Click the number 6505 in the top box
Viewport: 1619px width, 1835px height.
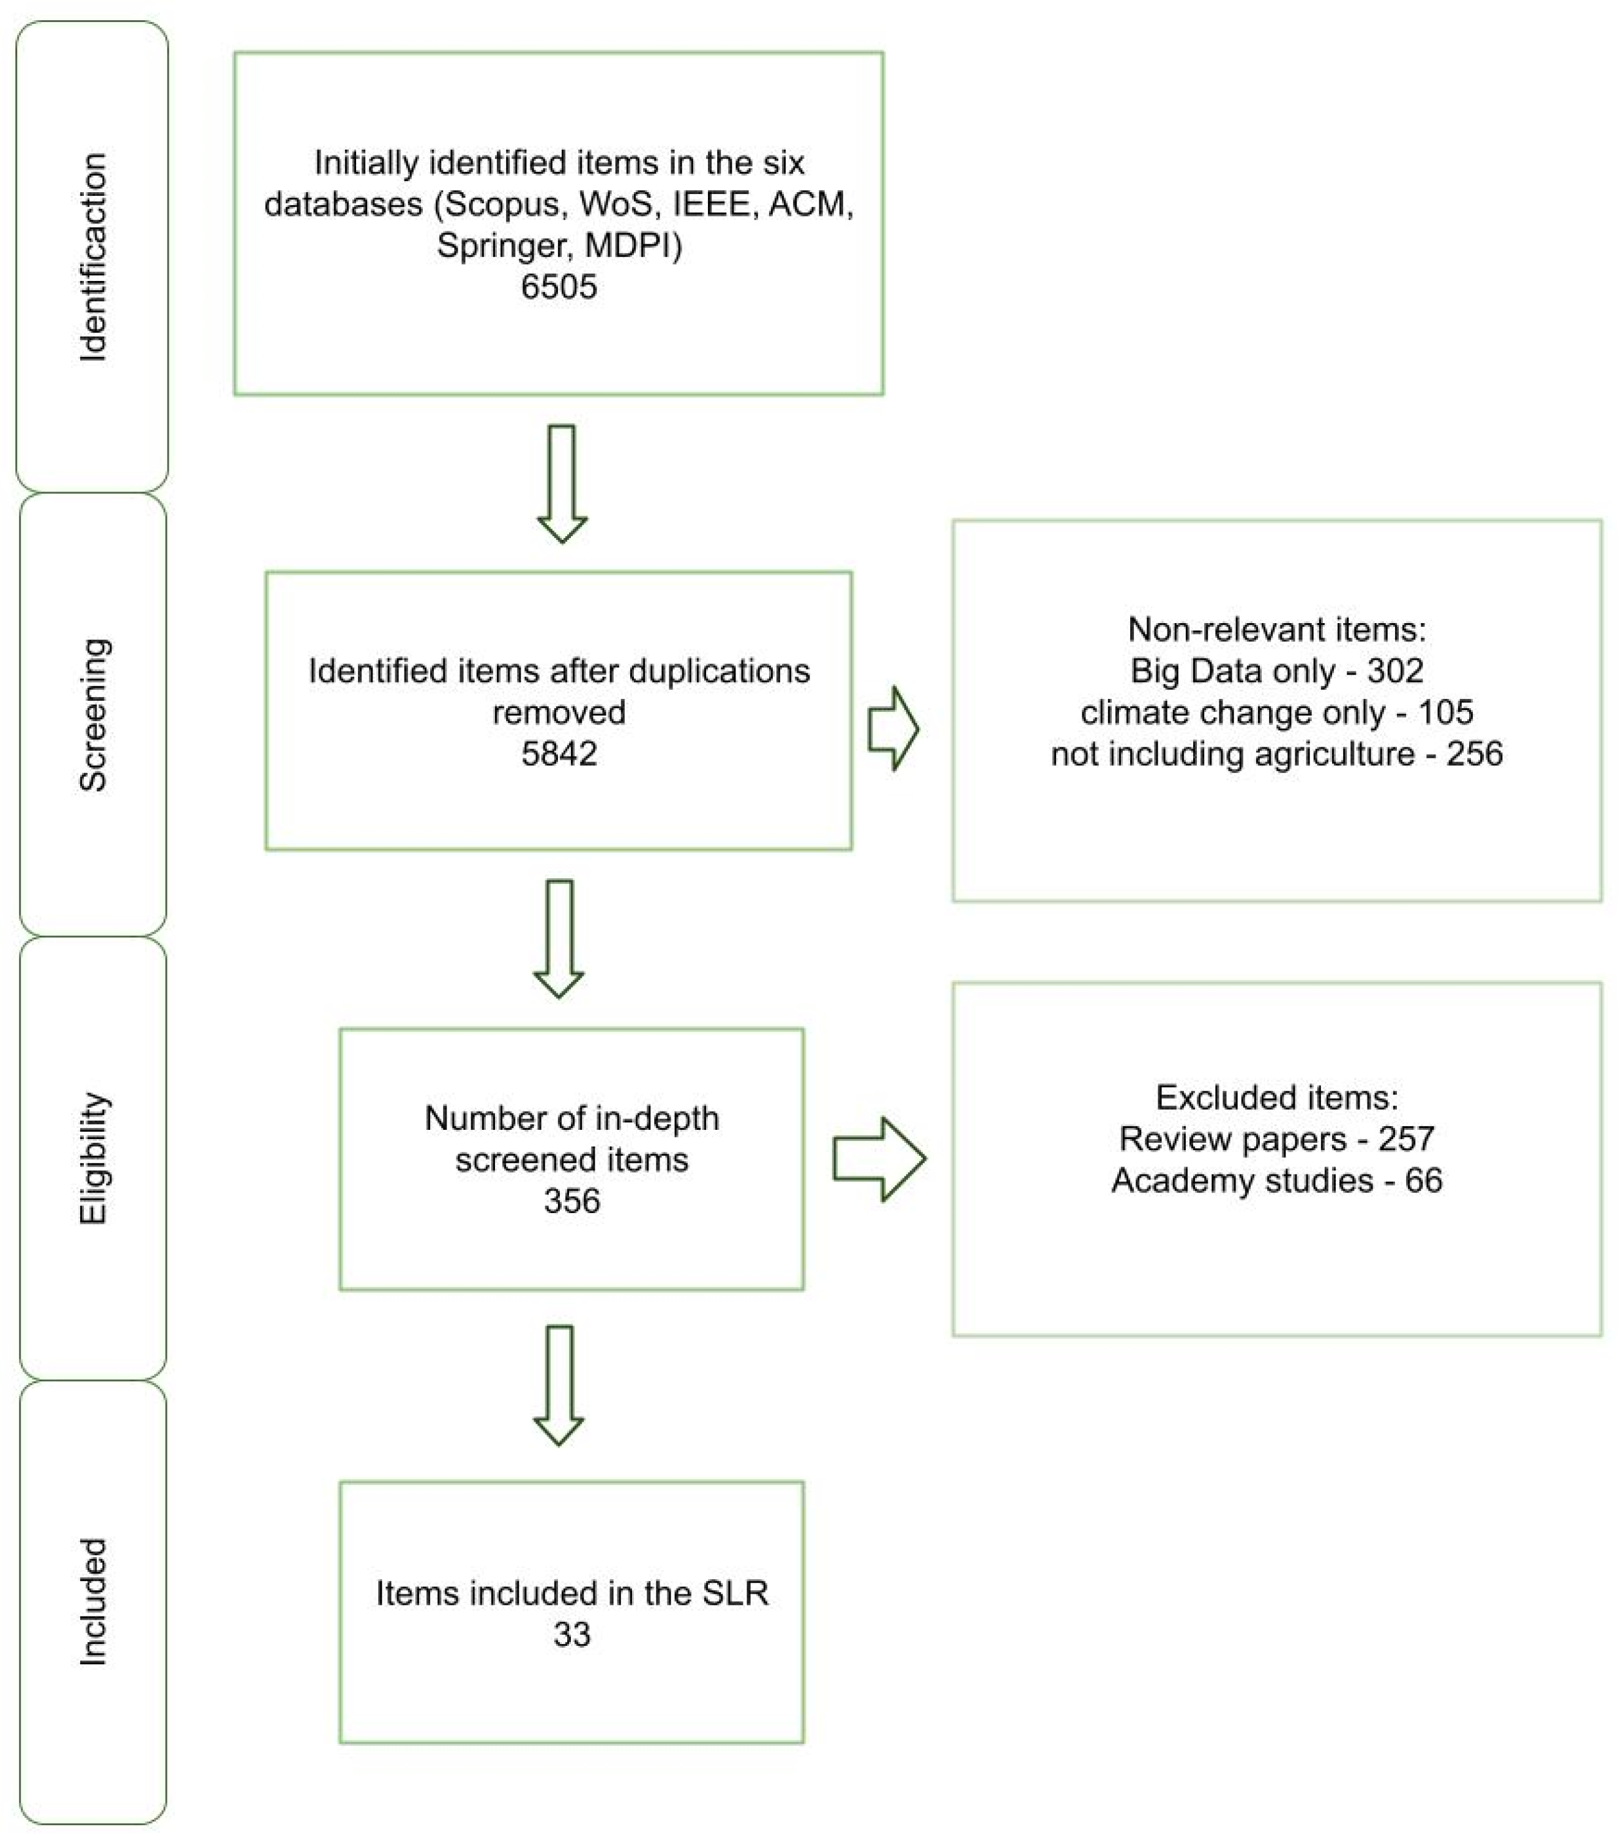pos(558,286)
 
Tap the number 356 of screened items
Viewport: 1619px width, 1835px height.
pos(571,1200)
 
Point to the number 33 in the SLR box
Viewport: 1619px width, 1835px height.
pos(571,1634)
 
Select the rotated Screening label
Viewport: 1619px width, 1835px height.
pos(94,715)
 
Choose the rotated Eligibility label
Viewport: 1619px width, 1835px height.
pos(94,1158)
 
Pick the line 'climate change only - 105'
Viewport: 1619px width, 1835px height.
pos(1276,712)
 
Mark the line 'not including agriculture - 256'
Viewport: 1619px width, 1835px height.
pos(1276,753)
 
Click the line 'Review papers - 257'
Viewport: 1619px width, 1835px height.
pos(1276,1138)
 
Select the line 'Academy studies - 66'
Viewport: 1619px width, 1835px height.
pos(1276,1179)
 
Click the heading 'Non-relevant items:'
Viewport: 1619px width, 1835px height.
pos(1276,629)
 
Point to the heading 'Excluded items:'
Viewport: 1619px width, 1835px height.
pos(1276,1097)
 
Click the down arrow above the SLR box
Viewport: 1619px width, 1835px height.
pos(558,1385)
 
